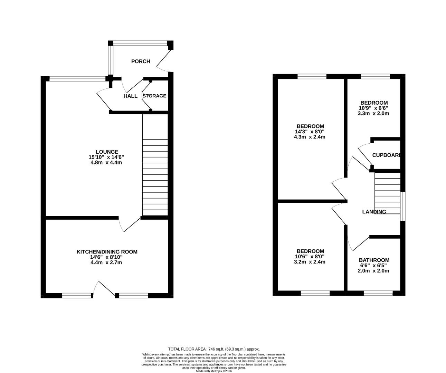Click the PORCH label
point(141,61)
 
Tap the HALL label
point(130,96)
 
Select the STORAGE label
point(154,96)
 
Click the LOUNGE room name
point(107,152)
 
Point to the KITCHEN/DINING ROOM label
point(107,252)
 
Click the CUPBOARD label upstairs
point(386,155)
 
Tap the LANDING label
point(374,212)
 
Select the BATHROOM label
point(374,260)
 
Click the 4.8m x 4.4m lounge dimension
point(106,162)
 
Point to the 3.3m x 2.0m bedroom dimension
point(374,113)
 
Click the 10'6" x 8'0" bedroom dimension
point(310,257)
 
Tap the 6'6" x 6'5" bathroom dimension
point(374,266)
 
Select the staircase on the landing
point(387,193)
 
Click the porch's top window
point(140,43)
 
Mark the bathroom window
point(378,293)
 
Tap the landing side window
point(402,206)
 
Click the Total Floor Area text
point(213,349)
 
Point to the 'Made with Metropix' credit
point(213,371)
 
